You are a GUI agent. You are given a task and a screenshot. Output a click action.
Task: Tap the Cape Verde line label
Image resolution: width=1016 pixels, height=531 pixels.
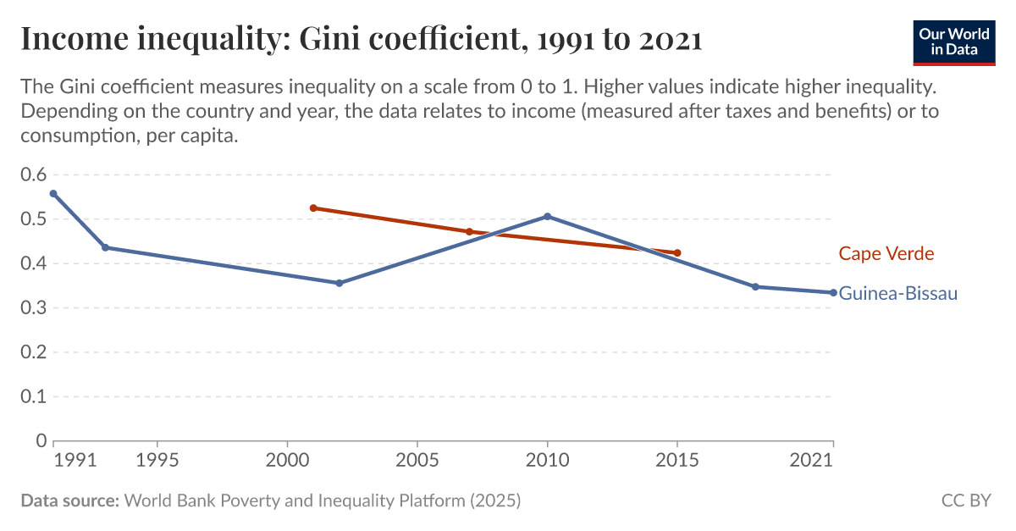(886, 253)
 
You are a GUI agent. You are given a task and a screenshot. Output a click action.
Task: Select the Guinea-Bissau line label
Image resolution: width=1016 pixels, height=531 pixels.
(897, 294)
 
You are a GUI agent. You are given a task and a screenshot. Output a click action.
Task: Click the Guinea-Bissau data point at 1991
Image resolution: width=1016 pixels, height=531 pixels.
(53, 193)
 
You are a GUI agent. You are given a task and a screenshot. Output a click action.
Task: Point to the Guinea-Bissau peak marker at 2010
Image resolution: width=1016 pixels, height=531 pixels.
(547, 216)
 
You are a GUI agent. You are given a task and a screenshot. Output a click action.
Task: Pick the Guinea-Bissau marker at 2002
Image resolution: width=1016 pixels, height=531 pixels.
(340, 283)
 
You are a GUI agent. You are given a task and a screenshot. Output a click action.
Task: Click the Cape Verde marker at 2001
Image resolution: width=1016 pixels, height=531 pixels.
(313, 207)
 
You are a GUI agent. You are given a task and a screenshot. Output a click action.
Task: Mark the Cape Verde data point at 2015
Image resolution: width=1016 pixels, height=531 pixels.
(677, 252)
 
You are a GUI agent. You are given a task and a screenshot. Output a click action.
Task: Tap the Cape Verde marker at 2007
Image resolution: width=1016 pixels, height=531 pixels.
(469, 231)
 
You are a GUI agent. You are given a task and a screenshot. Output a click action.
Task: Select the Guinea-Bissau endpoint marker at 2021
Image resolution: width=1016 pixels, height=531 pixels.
(833, 292)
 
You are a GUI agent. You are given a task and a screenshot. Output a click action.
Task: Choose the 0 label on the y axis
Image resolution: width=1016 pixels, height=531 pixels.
(41, 440)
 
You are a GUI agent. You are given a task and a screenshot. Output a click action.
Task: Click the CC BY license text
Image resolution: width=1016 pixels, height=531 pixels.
(965, 501)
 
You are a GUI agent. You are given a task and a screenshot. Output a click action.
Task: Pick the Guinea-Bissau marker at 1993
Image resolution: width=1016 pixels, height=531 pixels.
(105, 247)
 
